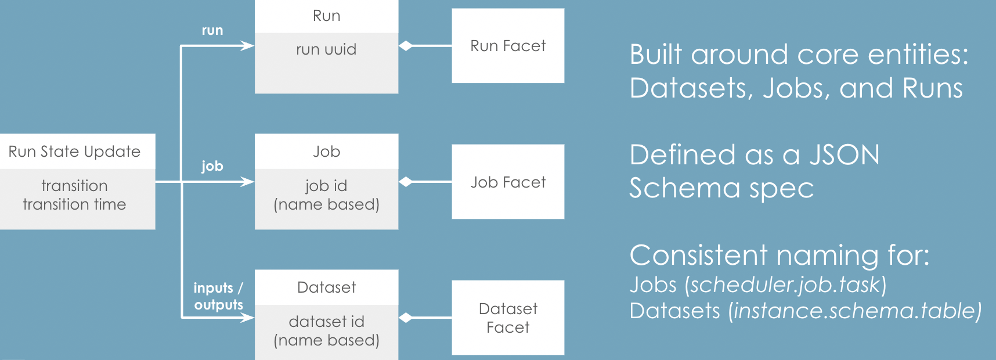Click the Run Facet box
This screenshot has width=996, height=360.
[508, 46]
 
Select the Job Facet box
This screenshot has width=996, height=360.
[508, 182]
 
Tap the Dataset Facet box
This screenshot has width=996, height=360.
[508, 318]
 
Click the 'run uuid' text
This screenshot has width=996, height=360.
[326, 49]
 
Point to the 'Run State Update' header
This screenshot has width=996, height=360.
[74, 152]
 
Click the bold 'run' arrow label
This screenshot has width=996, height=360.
[212, 30]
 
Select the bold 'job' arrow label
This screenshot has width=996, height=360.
[212, 166]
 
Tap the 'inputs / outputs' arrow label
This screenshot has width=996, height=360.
[218, 296]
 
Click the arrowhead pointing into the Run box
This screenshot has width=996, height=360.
[248, 46]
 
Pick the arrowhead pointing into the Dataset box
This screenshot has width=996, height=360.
[248, 318]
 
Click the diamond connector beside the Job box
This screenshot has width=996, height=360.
[406, 182]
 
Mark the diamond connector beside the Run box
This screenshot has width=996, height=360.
[406, 46]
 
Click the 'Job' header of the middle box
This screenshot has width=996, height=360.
[326, 152]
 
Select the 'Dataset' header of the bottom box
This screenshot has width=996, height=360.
[326, 287]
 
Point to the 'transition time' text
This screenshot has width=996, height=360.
[74, 204]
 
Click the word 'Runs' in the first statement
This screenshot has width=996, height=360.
[932, 88]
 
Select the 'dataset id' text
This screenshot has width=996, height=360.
[326, 322]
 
